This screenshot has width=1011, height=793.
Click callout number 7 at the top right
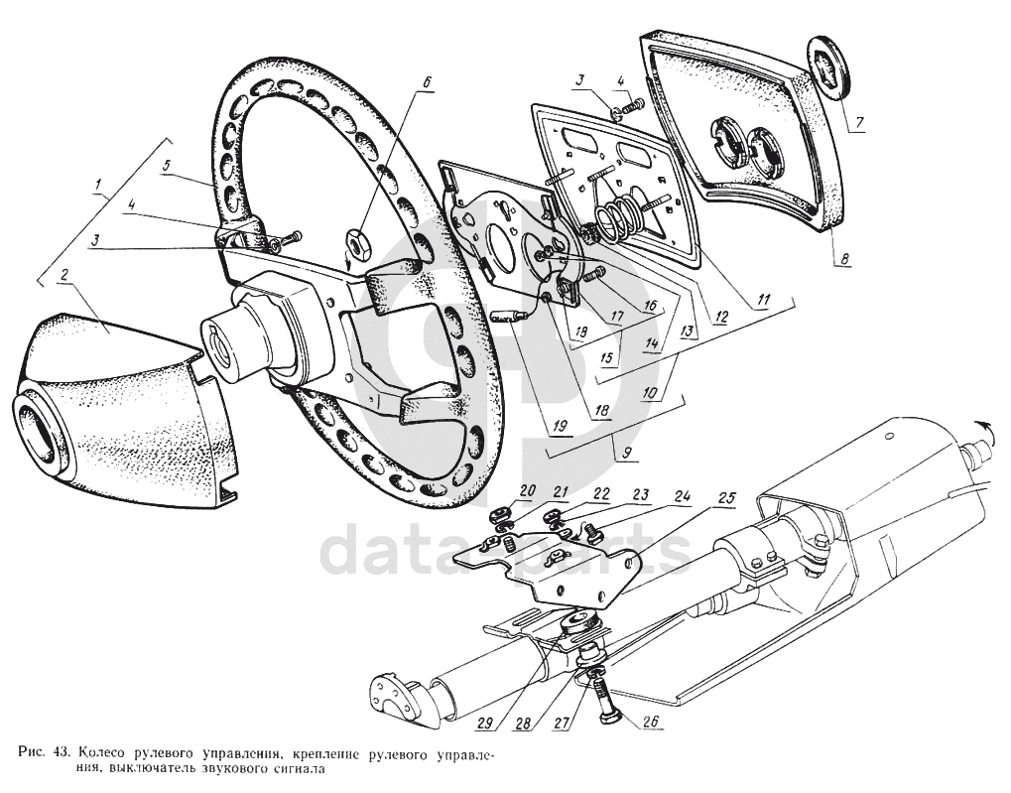click(859, 124)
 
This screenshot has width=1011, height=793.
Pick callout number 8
click(843, 260)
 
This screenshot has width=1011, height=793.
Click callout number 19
click(561, 428)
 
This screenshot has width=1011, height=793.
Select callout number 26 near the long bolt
click(651, 722)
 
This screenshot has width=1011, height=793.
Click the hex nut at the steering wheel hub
click(358, 241)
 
